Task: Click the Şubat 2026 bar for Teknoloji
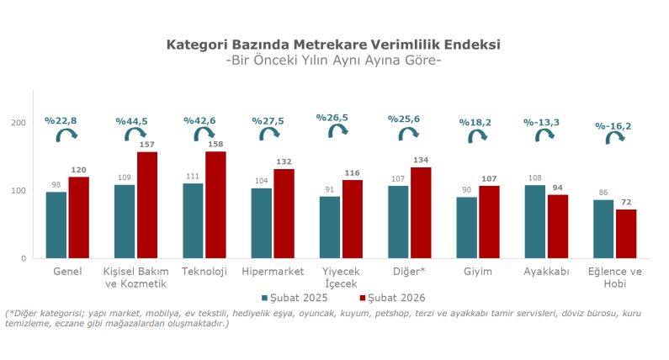coord(215,204)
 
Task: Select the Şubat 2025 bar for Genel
coord(56,225)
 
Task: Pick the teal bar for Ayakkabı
coord(535,221)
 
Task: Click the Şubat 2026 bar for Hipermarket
coord(284,214)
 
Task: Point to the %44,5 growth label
coord(131,121)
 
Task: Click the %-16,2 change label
coord(613,126)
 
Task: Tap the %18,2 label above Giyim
coord(475,122)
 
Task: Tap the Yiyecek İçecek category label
coord(341,278)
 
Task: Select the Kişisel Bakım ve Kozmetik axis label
coord(135,278)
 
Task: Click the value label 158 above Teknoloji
coord(216,146)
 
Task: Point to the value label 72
coord(627,204)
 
